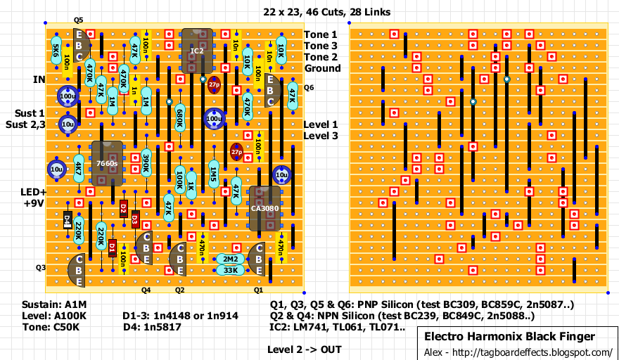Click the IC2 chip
pyautogui.click(x=197, y=51)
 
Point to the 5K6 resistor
pyautogui.click(x=56, y=51)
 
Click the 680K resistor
pyautogui.click(x=179, y=118)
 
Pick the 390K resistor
pyautogui.click(x=146, y=163)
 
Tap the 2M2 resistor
pyautogui.click(x=230, y=259)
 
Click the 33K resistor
pyautogui.click(x=230, y=270)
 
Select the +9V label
pyautogui.click(x=33, y=203)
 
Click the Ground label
pyautogui.click(x=322, y=68)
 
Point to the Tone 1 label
pyautogui.click(x=320, y=34)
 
